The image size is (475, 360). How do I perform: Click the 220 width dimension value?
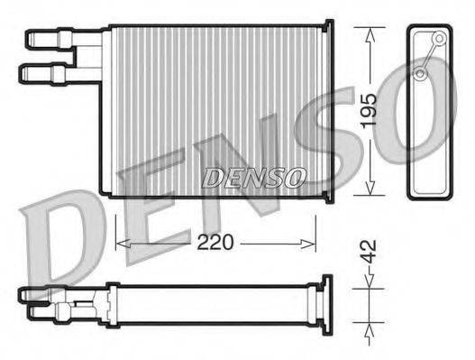pos(216,242)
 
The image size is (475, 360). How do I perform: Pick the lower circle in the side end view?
pos(420,72)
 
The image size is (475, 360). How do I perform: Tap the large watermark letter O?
pos(424,135)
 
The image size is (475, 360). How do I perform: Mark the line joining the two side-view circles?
pos(429,55)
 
